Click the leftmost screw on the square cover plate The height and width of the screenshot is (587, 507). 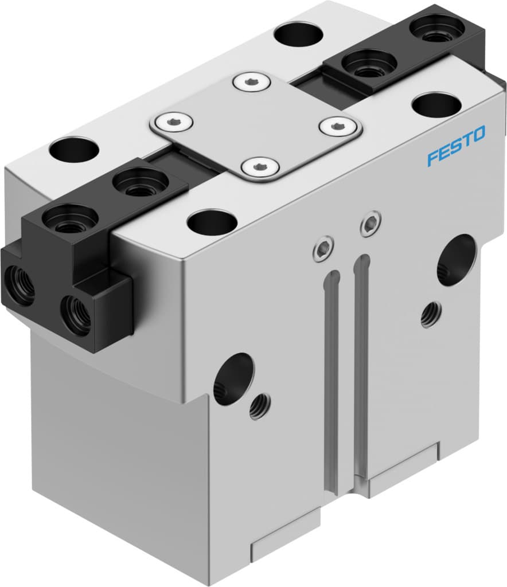[171, 122]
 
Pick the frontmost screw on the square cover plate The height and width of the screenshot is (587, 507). [260, 167]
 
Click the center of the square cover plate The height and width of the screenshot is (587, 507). [255, 124]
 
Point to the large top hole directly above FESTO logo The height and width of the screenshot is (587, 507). [436, 105]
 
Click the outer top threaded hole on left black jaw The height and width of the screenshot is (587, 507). [69, 219]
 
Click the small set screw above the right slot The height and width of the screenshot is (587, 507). [370, 224]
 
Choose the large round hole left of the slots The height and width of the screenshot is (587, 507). [233, 379]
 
